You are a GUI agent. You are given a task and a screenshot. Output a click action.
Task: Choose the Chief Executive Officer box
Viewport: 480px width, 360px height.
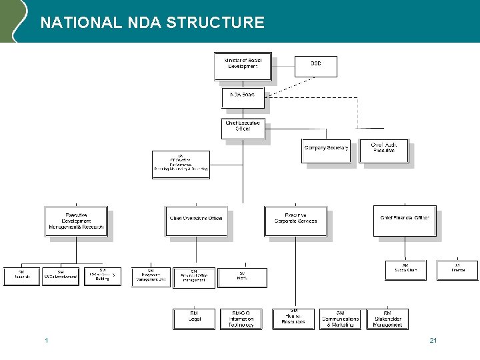[x=243, y=128]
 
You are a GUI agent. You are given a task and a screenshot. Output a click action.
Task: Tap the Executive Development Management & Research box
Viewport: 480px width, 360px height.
[x=76, y=221]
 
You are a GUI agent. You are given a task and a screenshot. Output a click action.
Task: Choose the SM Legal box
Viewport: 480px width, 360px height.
[x=194, y=319]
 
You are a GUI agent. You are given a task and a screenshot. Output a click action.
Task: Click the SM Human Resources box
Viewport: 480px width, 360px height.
[x=293, y=319]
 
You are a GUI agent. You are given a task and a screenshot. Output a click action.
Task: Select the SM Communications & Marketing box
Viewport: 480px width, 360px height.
[x=340, y=319]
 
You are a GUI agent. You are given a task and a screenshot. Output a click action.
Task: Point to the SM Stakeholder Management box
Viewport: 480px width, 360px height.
[x=387, y=319]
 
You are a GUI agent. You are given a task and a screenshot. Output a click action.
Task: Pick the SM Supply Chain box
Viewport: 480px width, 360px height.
[x=405, y=269]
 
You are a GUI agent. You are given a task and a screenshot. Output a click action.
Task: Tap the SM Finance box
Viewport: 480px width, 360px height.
[x=457, y=269]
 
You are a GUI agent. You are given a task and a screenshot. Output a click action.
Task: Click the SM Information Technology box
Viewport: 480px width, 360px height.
[x=241, y=319]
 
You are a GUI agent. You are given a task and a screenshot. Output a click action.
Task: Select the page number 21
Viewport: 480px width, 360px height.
[x=433, y=341]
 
